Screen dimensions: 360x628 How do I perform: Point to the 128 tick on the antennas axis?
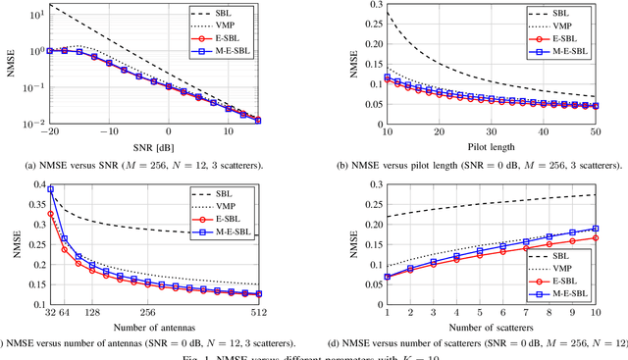pyautogui.click(x=98, y=314)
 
